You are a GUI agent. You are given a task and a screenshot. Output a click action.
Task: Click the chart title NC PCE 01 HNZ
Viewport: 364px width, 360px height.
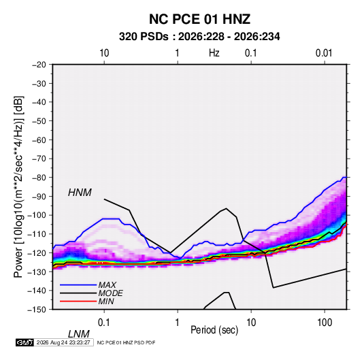tap(199, 19)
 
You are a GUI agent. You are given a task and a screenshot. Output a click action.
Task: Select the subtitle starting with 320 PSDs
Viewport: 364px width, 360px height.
tap(199, 37)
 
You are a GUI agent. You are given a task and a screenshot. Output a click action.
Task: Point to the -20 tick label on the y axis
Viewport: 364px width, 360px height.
tap(39, 65)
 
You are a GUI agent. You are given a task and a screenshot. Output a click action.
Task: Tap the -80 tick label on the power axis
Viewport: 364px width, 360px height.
tap(39, 178)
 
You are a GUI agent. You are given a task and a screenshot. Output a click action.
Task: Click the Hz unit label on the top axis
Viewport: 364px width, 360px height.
tap(214, 53)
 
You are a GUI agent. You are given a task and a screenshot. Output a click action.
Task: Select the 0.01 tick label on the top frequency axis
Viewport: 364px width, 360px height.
tap(324, 53)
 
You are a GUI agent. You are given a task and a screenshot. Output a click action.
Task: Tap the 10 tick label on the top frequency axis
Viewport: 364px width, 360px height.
tap(104, 53)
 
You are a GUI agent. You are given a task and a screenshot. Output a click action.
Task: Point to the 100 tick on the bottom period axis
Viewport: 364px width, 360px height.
tap(325, 323)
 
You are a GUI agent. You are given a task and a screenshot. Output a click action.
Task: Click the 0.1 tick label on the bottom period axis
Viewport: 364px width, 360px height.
tap(104, 323)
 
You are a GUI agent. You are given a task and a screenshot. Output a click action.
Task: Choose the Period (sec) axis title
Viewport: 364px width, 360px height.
tap(214, 330)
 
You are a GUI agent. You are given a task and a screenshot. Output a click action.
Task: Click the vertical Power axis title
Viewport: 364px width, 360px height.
tap(18, 187)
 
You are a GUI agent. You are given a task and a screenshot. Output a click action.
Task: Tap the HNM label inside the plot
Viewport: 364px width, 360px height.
tap(80, 193)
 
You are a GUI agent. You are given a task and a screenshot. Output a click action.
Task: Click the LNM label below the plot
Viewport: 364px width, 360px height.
tap(78, 334)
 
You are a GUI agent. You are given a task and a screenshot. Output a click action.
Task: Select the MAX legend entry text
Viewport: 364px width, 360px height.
tap(107, 285)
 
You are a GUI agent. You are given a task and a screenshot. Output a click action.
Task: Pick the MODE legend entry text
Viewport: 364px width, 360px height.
tap(110, 293)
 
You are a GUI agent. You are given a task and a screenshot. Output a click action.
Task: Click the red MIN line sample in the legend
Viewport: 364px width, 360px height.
tap(78, 301)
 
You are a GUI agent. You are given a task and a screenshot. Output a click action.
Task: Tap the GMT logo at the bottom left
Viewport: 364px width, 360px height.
tap(25, 342)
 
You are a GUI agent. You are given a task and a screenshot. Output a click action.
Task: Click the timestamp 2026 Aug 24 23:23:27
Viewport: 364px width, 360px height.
tap(63, 342)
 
